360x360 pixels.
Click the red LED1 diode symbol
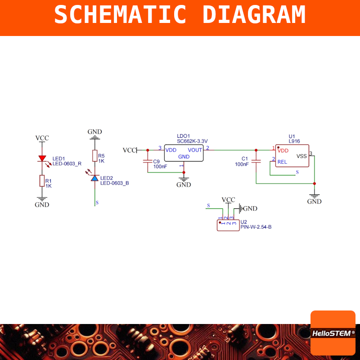[x=42, y=158]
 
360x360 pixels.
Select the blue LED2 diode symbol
[x=95, y=178]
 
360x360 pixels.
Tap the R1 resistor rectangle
[x=42, y=181]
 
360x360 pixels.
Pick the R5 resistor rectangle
[x=95, y=156]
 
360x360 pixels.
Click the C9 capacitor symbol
[x=148, y=162]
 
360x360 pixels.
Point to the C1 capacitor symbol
[x=256, y=162]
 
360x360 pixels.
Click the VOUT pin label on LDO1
[x=195, y=150]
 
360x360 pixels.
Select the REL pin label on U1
[x=282, y=162]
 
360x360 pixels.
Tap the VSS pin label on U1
[x=301, y=156]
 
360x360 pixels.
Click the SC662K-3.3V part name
[x=192, y=141]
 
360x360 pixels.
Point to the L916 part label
[x=294, y=141]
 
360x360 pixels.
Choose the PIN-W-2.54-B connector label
[x=256, y=227]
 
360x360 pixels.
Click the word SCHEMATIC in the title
[x=120, y=14]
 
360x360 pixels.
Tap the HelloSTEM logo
[x=333, y=333]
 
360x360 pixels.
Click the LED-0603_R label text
[x=67, y=164]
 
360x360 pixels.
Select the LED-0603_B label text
[x=115, y=183]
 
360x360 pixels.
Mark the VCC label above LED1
[x=42, y=138]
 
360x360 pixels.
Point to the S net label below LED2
[x=97, y=203]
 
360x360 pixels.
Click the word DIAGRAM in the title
[x=254, y=14]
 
